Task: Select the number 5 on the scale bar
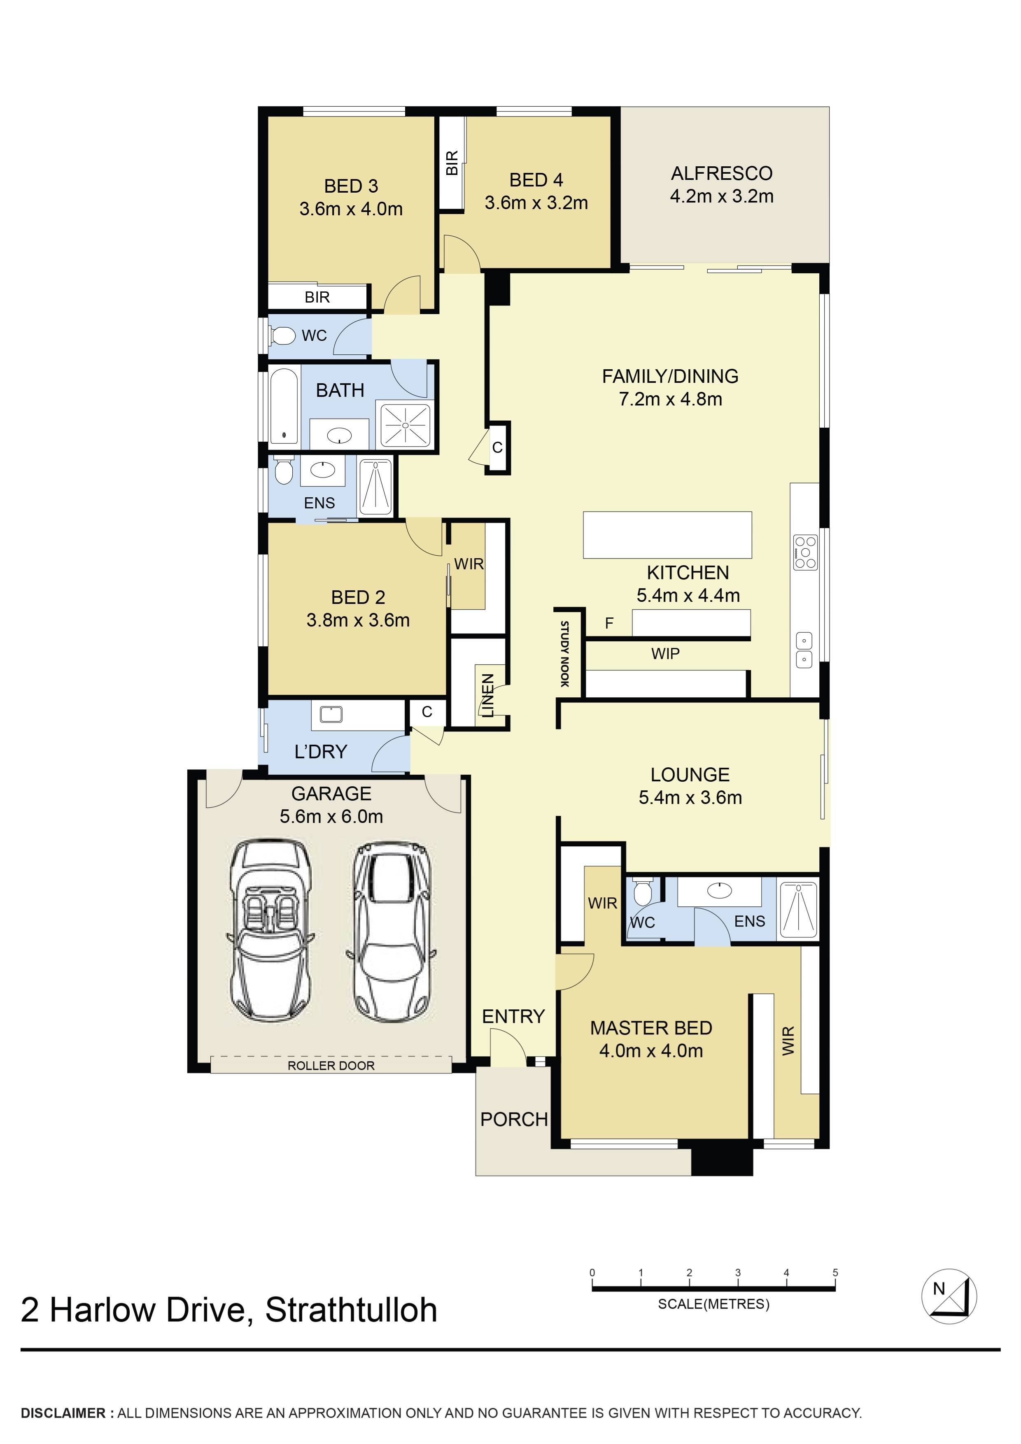coord(835,1272)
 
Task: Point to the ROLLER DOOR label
coord(331,1065)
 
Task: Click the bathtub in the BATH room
coord(284,405)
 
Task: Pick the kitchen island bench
coord(667,535)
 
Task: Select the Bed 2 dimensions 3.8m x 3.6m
coord(358,620)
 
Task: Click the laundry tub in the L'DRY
coord(331,714)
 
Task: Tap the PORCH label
coord(513,1120)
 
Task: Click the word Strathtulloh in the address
coord(351,1310)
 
